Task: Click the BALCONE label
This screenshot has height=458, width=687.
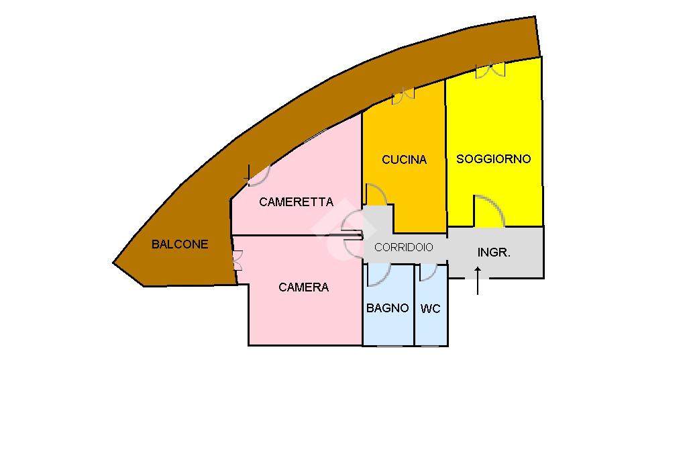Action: pos(180,244)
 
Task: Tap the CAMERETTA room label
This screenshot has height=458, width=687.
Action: pos(296,201)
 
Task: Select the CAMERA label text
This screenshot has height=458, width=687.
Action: pos(303,287)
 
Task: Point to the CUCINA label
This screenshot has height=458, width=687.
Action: pos(404,160)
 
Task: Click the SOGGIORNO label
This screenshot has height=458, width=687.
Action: pos(493,159)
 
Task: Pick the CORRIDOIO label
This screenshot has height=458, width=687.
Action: pos(404,247)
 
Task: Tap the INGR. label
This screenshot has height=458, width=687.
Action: pos(494,253)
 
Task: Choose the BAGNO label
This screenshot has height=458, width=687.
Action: pos(387,308)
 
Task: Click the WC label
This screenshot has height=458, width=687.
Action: pos(431,309)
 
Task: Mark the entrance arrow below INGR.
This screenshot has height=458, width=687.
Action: pos(478,280)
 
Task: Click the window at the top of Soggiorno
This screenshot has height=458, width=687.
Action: pos(490,70)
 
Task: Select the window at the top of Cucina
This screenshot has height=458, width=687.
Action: pos(403,96)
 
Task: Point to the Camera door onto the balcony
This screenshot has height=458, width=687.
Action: pos(237,261)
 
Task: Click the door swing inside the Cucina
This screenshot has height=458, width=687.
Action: pos(376,195)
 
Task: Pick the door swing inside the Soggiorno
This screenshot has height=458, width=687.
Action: pos(489,210)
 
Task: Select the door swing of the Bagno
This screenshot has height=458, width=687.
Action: pos(380,273)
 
